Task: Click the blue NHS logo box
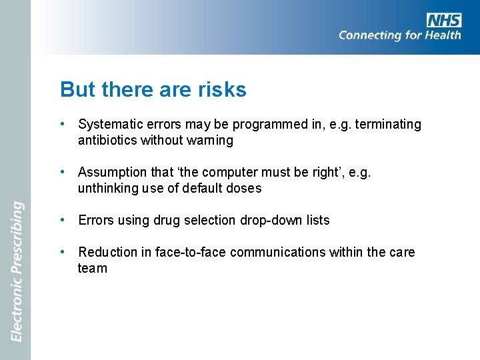pyautogui.click(x=444, y=20)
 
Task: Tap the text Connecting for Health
pyautogui.click(x=399, y=35)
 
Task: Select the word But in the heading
pyautogui.click(x=75, y=89)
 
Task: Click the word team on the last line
pyautogui.click(x=92, y=269)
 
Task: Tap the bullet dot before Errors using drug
pyautogui.click(x=61, y=221)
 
